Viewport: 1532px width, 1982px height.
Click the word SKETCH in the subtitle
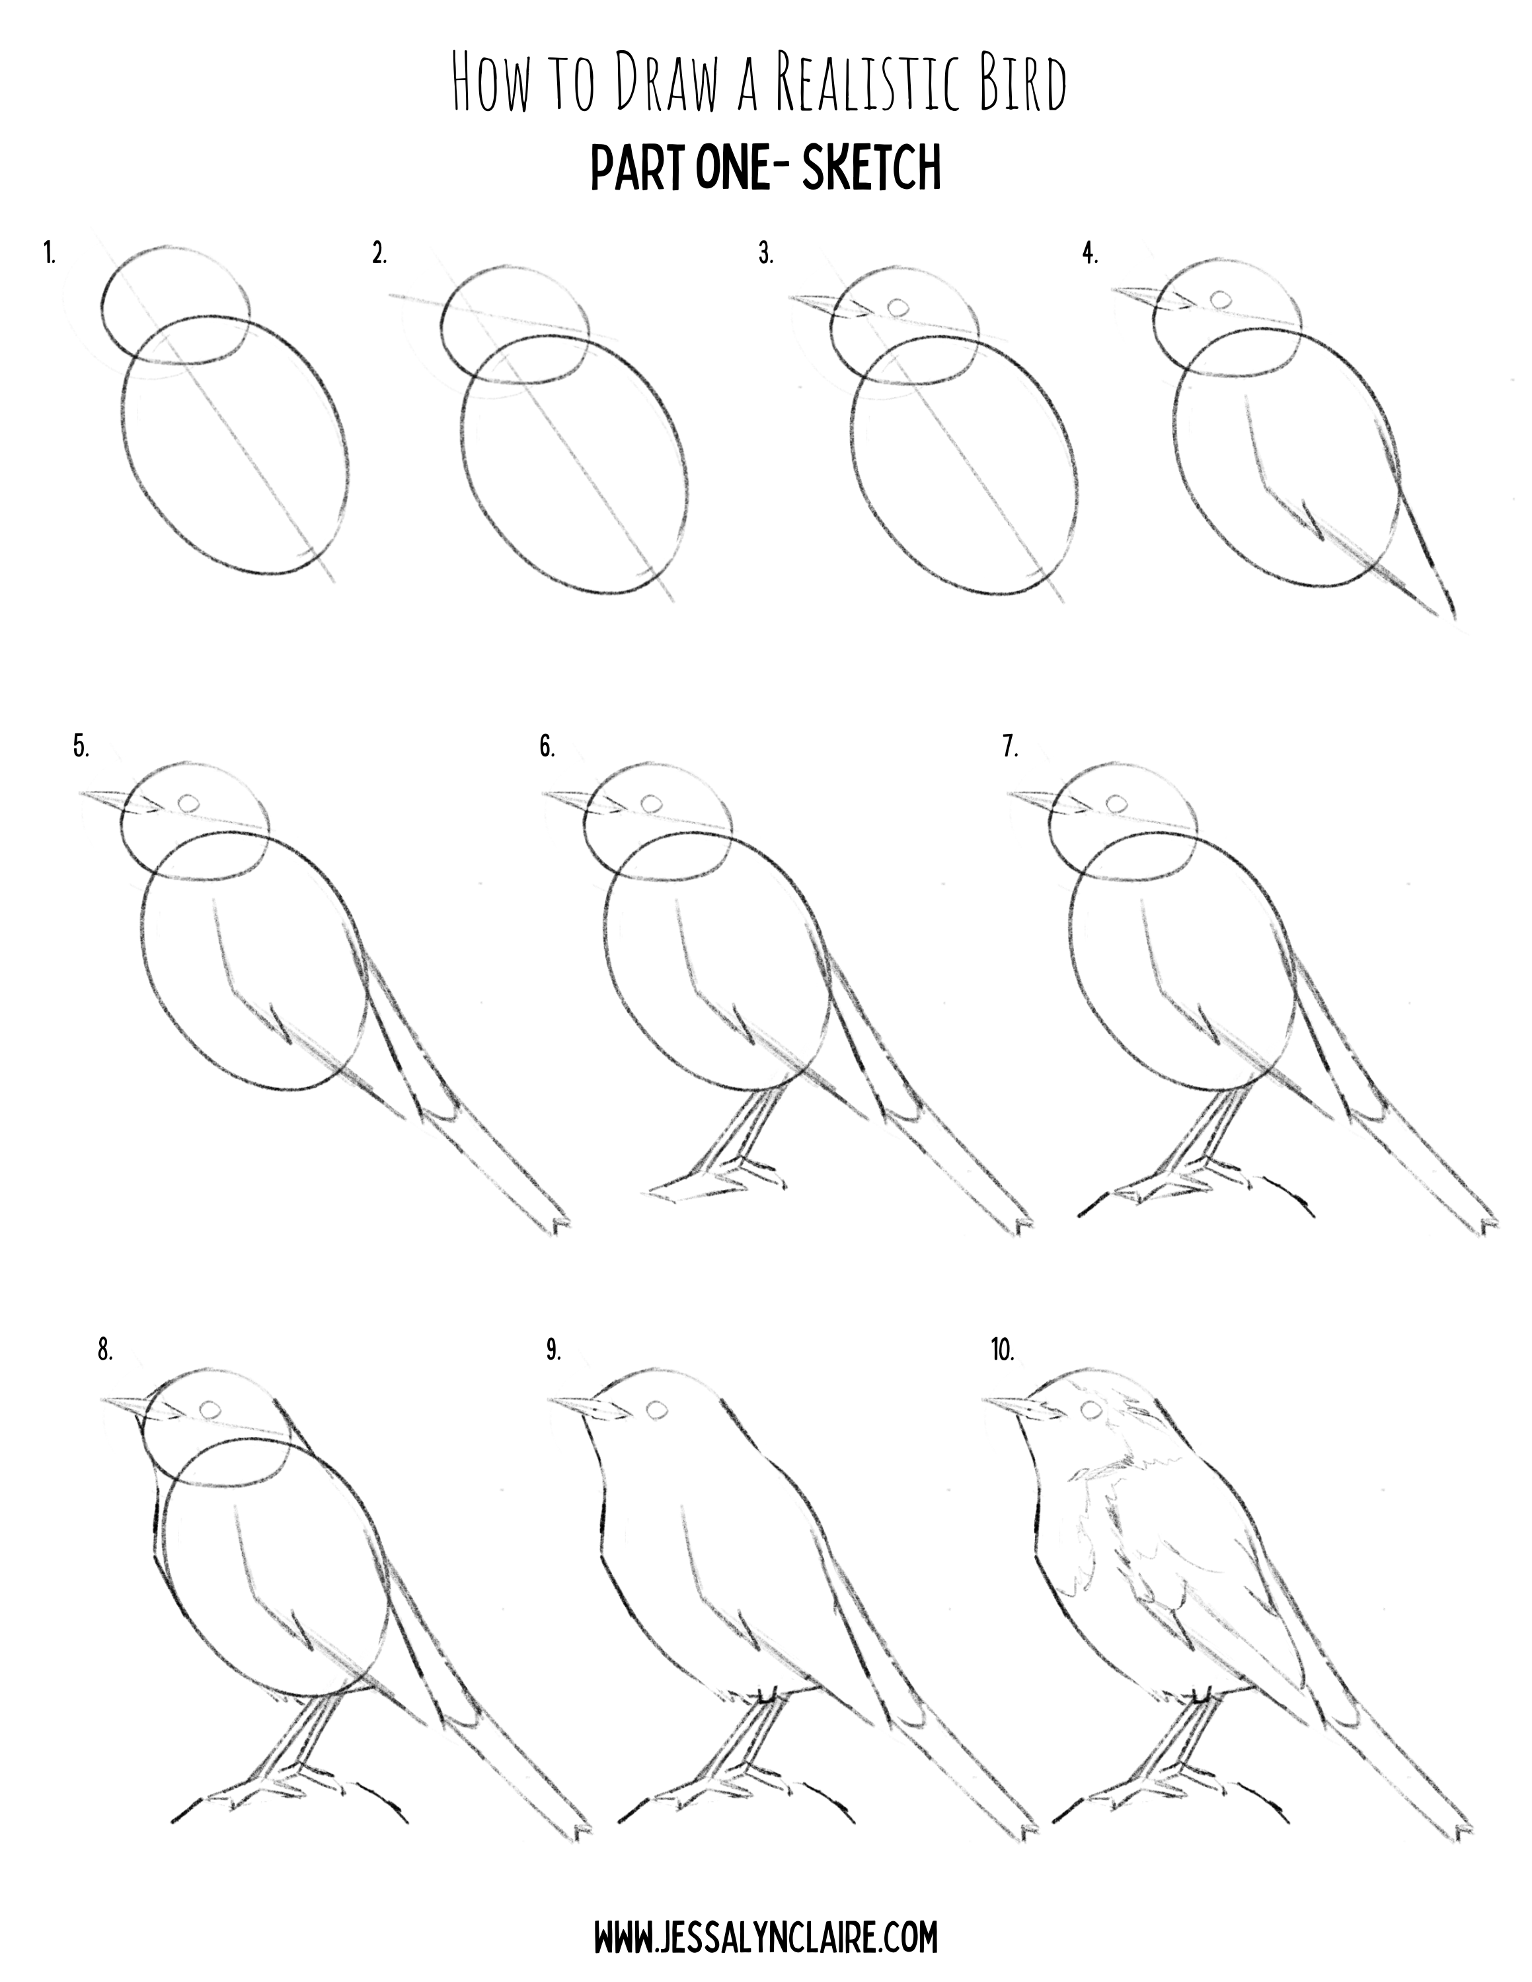[871, 168]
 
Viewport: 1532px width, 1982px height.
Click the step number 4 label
[1089, 255]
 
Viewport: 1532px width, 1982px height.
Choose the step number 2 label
[379, 255]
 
